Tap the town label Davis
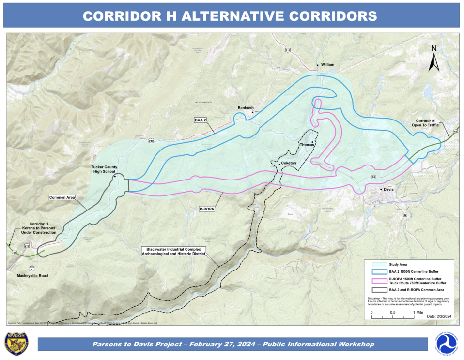pos(388,190)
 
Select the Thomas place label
pos(307,145)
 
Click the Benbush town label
pos(246,108)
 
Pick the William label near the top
pos(327,64)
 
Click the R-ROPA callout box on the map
pos(207,209)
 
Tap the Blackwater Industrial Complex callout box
pos(173,251)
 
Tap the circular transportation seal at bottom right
pos(445,344)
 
